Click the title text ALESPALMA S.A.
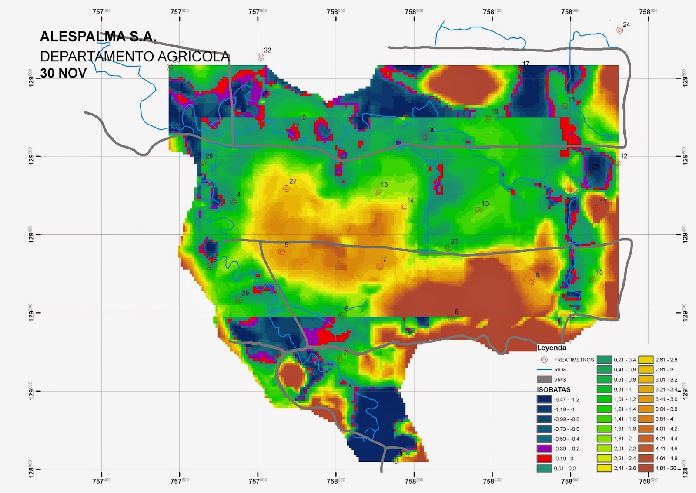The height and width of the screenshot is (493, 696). [98, 37]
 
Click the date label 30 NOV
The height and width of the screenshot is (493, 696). [64, 73]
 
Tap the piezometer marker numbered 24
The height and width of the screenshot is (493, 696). [619, 30]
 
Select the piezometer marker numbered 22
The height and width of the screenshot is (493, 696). [261, 57]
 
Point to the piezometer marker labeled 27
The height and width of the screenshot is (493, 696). [286, 189]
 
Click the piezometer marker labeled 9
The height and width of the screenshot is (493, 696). [532, 282]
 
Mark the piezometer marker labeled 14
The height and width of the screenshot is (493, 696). [404, 207]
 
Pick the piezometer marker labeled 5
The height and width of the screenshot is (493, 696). [281, 252]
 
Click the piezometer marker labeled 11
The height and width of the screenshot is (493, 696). [596, 208]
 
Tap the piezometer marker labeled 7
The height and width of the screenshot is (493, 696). [379, 266]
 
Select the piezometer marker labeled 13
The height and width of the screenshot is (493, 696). [478, 210]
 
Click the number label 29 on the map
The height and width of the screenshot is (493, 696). [245, 293]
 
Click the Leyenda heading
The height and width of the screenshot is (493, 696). [552, 348]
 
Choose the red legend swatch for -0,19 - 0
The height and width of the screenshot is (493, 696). [544, 459]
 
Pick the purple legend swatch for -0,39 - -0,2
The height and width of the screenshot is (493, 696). [544, 449]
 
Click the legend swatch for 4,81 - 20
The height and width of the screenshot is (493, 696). [646, 468]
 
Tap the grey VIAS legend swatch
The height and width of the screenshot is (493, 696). [544, 379]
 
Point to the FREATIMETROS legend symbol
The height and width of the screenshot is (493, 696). [544, 360]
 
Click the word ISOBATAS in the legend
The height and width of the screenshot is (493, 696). [554, 389]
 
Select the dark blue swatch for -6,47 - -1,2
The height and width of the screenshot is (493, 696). [544, 399]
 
